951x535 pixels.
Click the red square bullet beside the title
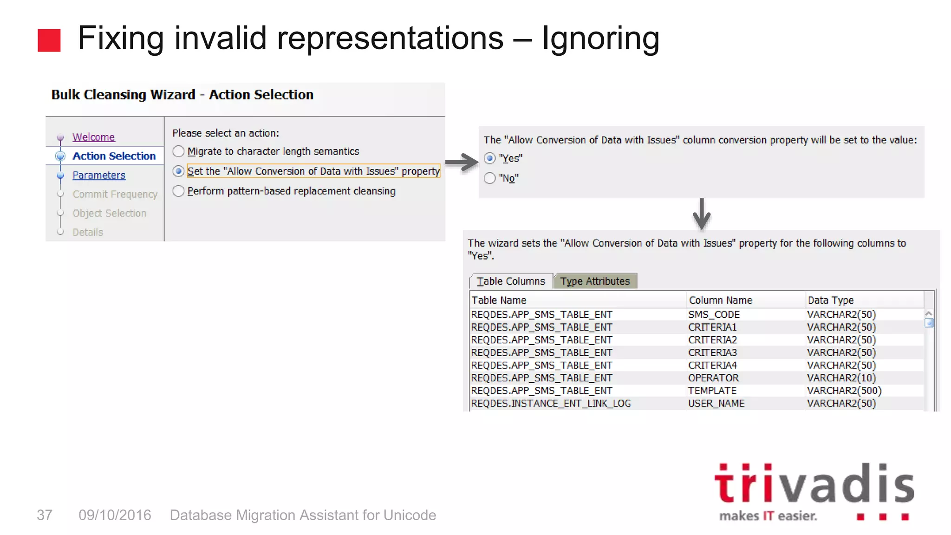[49, 40]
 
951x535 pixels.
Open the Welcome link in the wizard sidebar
[93, 137]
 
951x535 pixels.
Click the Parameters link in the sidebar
[99, 175]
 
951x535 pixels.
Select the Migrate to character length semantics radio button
[179, 151]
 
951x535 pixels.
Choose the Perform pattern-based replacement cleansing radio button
[179, 191]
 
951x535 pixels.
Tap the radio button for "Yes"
[489, 158]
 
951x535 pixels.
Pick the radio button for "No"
[489, 178]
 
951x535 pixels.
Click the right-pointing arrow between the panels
[462, 162]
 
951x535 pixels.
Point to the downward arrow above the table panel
[701, 214]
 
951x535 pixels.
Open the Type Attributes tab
[595, 281]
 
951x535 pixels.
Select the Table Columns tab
[511, 281]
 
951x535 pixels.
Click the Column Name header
[720, 300]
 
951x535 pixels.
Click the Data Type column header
[830, 300]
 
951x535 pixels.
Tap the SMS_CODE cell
[714, 314]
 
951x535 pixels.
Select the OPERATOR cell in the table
[713, 378]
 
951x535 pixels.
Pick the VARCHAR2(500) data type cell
[844, 391]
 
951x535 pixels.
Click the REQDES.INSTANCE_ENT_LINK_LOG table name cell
[551, 403]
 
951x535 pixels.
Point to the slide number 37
[45, 515]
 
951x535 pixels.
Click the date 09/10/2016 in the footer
[115, 515]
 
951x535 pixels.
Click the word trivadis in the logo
[814, 484]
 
